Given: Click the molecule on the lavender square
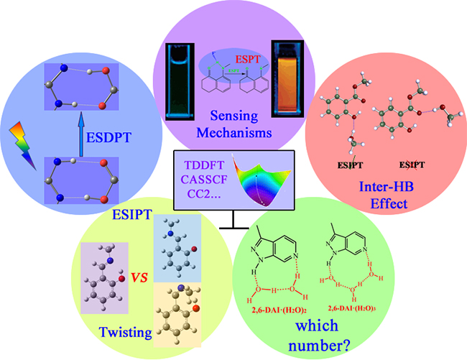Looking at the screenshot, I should tap(104, 269).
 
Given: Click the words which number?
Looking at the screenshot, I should tap(320, 334).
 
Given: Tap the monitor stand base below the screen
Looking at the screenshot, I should tap(233, 229).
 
